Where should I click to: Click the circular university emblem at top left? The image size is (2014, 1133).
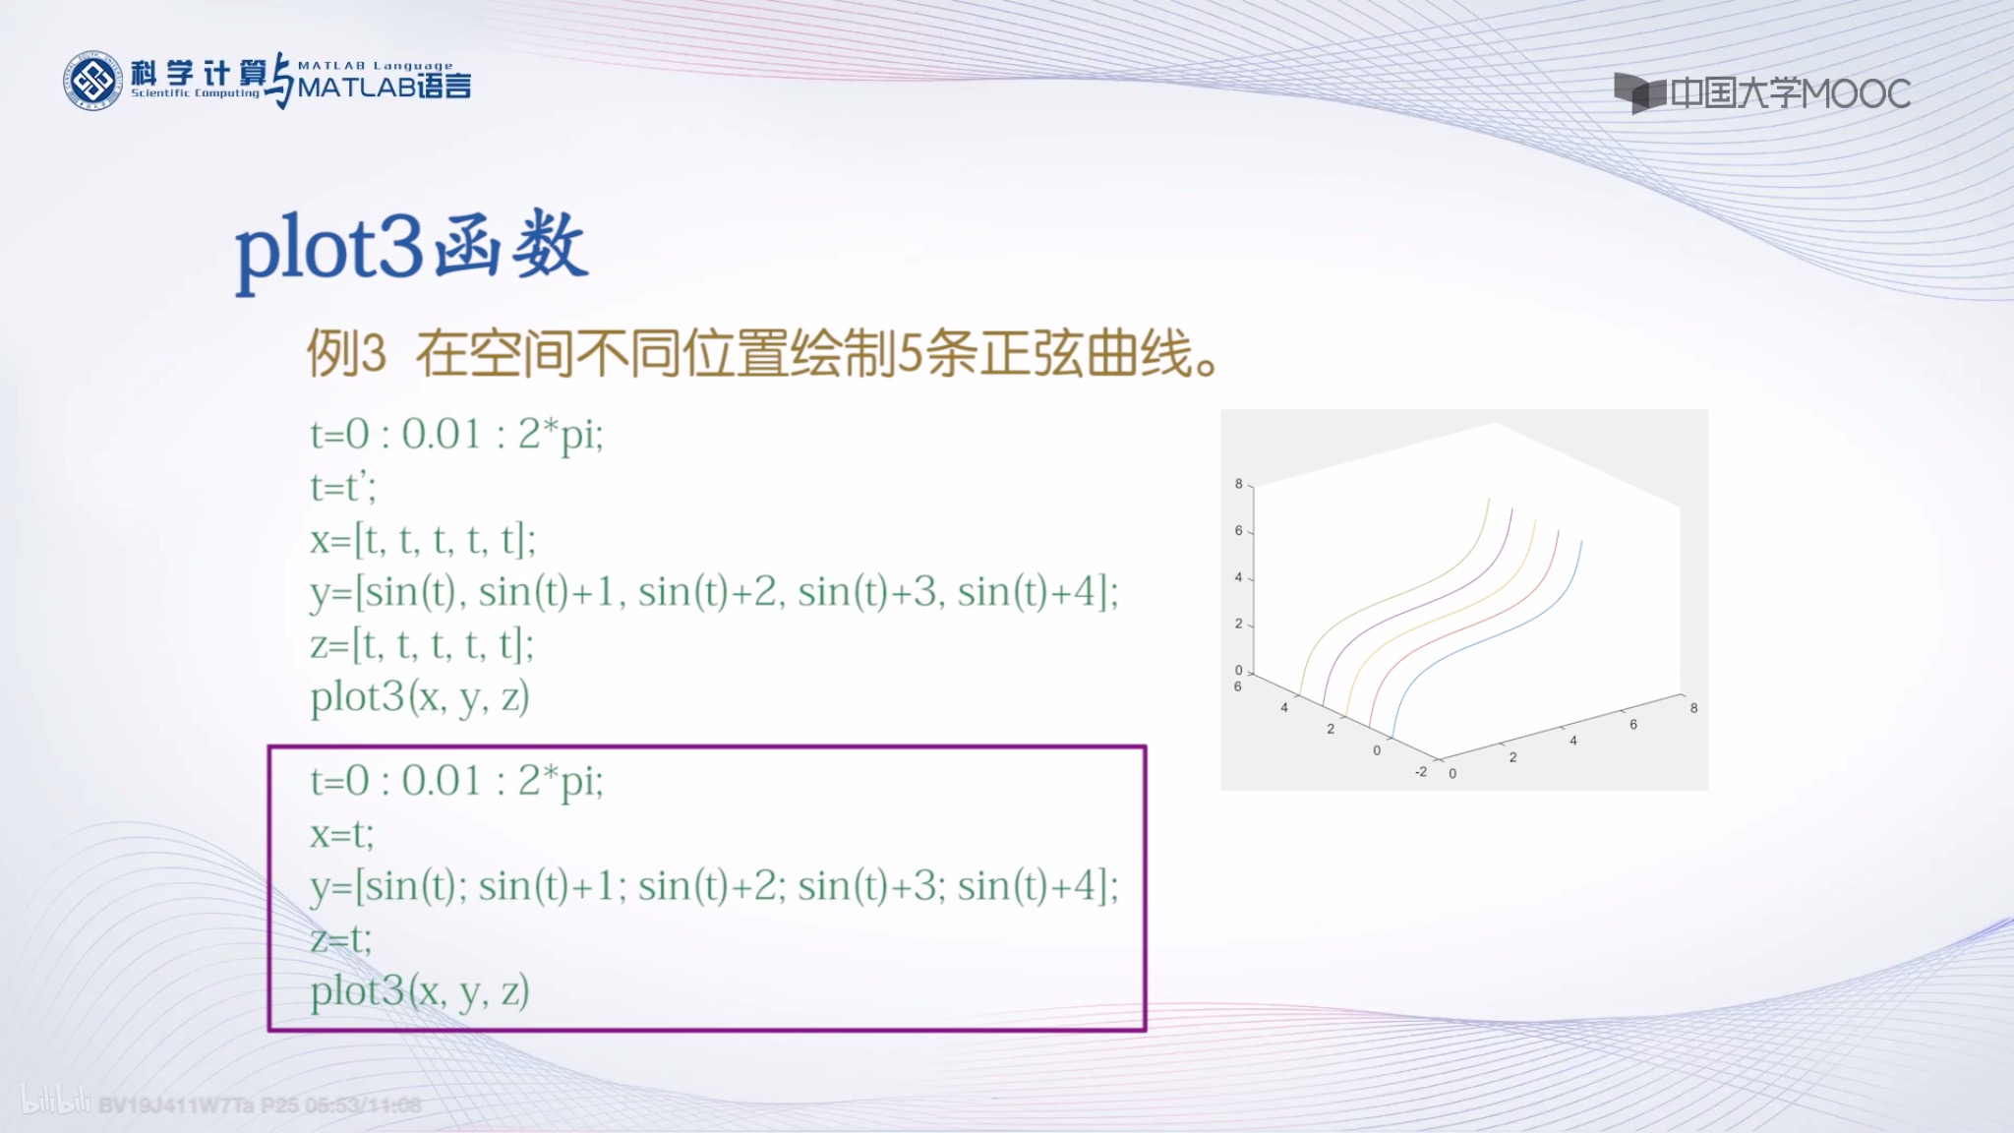[x=92, y=81]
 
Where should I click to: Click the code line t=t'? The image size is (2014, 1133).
[x=343, y=486]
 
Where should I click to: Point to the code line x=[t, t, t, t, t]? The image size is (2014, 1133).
[x=423, y=539]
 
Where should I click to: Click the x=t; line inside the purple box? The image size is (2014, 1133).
[x=341, y=833]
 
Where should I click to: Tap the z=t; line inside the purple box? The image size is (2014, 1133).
[x=340, y=938]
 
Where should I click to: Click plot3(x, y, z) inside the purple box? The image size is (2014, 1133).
[x=420, y=990]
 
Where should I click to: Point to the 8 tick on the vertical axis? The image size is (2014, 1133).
[x=1239, y=484]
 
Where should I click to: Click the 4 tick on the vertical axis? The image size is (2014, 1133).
[x=1239, y=577]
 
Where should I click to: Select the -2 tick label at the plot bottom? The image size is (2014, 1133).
[x=1421, y=771]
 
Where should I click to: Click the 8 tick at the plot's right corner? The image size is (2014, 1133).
[x=1693, y=708]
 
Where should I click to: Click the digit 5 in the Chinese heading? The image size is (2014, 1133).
[x=911, y=353]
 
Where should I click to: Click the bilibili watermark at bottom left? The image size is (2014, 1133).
[x=55, y=1102]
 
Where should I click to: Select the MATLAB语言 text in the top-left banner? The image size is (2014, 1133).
[x=384, y=87]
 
